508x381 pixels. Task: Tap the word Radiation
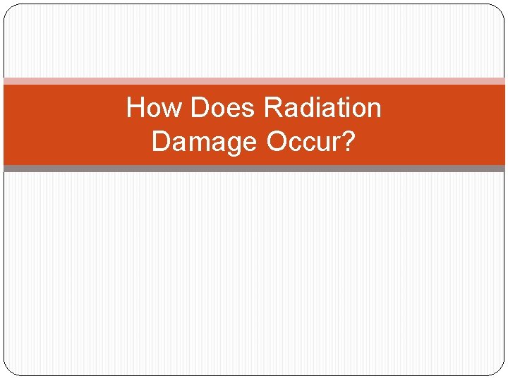(322, 109)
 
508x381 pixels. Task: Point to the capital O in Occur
(278, 142)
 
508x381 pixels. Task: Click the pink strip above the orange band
(254, 81)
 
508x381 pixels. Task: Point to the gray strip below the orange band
(254, 169)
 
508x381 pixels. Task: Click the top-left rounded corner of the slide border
(8, 9)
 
